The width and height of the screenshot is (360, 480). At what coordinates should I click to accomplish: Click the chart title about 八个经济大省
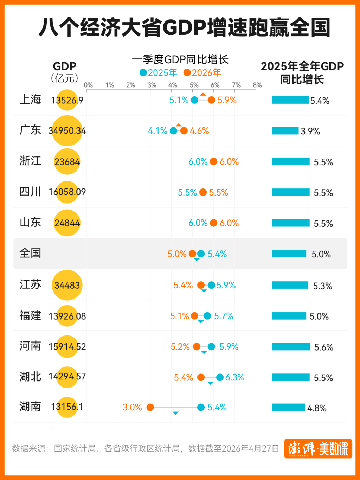[184, 27]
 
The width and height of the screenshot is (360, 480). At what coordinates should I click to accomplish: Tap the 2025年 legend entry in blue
[158, 73]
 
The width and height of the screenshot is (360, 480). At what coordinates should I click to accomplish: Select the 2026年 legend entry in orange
[202, 73]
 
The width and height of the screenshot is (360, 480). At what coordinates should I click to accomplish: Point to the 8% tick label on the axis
[257, 85]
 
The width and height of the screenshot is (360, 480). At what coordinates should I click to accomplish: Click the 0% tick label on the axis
[88, 85]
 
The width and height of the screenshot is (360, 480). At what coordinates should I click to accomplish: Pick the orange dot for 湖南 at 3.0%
[150, 407]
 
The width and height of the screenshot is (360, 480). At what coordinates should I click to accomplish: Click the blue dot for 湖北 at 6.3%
[220, 377]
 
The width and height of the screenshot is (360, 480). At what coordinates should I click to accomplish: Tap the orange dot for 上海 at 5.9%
[211, 100]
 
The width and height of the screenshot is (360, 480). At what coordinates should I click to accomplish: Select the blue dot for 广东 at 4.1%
[173, 131]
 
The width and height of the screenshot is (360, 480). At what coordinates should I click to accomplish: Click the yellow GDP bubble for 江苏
[67, 285]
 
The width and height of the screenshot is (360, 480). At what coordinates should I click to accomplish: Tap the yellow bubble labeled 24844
[67, 223]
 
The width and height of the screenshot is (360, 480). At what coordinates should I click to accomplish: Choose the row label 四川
[30, 192]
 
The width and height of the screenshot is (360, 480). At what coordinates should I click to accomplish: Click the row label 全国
[30, 253]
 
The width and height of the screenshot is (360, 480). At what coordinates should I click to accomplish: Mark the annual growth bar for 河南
[291, 347]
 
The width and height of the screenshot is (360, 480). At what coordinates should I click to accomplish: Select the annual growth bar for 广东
[285, 131]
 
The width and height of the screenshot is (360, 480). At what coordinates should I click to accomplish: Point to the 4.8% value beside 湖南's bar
[317, 408]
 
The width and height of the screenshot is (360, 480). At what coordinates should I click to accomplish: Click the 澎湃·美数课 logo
[318, 449]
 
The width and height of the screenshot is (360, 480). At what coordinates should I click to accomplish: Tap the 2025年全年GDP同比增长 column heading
[302, 73]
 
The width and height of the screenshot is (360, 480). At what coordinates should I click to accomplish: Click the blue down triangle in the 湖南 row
[175, 413]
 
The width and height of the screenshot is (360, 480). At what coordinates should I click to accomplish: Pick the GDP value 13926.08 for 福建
[67, 316]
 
